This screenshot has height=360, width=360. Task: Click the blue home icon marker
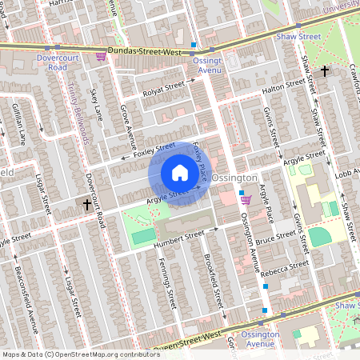coord(180,173)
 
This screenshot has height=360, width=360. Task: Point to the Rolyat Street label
coord(164,88)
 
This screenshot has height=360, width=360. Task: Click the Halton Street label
coord(284,88)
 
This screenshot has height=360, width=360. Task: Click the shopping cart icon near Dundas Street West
coord(101,56)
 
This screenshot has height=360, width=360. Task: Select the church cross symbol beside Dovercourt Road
coord(87,205)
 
